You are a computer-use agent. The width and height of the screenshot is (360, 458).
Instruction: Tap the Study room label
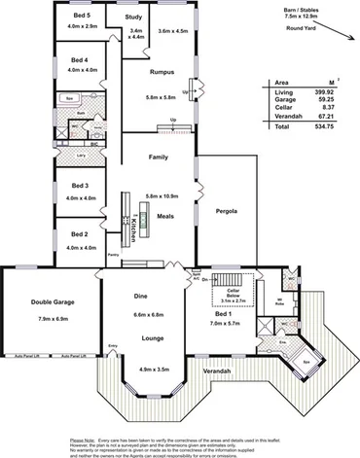coord(134,17)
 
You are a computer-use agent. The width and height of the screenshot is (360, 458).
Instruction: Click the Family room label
coord(159,157)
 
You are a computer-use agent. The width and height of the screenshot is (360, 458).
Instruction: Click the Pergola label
coord(227,210)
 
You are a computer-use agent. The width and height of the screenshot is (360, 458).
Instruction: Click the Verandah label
coord(217,371)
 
